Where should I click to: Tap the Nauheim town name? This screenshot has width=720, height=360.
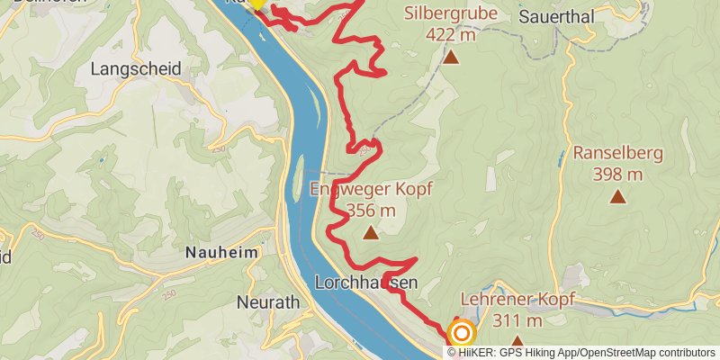(x=220, y=253)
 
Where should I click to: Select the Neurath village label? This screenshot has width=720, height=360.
(x=267, y=302)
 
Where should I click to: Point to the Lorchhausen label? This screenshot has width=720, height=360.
(x=366, y=283)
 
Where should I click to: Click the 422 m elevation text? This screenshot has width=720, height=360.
(x=450, y=35)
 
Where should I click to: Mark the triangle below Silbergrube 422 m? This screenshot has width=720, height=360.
(x=450, y=58)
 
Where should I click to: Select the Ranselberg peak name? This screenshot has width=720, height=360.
(x=617, y=153)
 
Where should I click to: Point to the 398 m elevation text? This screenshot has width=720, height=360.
(x=617, y=175)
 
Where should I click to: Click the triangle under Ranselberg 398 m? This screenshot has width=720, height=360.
(x=617, y=196)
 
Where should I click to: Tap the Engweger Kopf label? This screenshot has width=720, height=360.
(x=371, y=189)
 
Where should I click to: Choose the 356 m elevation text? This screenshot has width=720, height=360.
(x=371, y=211)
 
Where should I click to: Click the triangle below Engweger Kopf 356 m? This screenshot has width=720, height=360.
(x=371, y=233)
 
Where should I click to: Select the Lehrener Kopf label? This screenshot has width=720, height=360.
(x=517, y=299)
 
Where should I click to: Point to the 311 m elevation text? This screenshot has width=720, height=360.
(x=517, y=320)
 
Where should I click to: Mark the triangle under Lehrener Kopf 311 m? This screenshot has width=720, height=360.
(x=517, y=341)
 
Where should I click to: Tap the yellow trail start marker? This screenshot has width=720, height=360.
(x=257, y=3)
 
